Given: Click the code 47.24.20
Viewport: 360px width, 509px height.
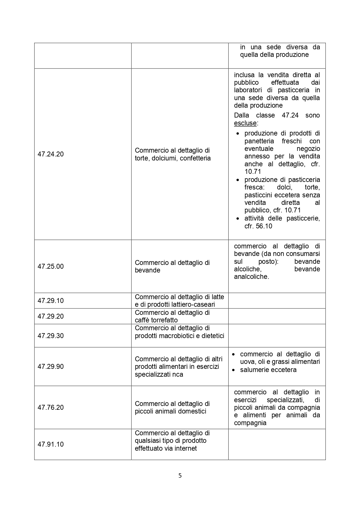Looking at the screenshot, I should click(50, 154).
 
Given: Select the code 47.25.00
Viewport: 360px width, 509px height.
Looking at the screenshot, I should click(50, 266).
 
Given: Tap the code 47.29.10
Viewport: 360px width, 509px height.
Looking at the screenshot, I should click(50, 301).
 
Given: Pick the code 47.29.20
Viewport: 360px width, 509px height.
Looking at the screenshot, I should click(50, 316).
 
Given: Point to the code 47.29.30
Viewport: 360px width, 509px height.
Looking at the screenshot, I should click(50, 336).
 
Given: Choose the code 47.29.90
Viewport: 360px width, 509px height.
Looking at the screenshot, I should click(50, 367).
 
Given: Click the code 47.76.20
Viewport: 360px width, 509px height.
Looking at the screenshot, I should click(50, 407).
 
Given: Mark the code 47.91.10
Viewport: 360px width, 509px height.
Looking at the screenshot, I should click(50, 444).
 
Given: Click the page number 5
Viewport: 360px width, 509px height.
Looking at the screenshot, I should click(180, 476).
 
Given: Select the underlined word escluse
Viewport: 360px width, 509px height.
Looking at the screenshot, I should click(245, 123).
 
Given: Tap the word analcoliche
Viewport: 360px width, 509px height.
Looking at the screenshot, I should click(251, 277).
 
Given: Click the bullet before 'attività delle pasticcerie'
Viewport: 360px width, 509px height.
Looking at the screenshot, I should click(238, 219).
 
